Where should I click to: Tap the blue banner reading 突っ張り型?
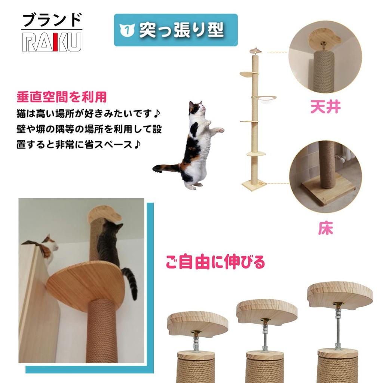point(175,30)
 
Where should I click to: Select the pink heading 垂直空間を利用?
point(61,97)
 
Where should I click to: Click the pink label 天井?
point(325,107)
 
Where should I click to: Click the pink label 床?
point(325,229)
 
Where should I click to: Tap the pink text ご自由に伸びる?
point(215,262)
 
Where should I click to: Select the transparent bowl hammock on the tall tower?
point(264,99)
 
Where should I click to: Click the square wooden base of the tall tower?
point(254,184)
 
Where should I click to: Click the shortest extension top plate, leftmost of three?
point(197,322)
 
